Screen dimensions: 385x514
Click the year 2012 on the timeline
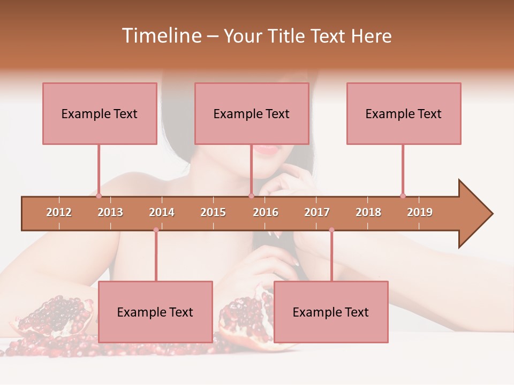(x=59, y=212)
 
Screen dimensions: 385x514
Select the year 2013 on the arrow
(x=110, y=212)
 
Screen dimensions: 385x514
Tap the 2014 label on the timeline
(x=162, y=212)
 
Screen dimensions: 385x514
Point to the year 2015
(x=213, y=212)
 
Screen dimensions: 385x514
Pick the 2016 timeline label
(x=266, y=212)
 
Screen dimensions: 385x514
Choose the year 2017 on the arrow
(x=317, y=212)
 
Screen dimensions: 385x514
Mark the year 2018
(x=368, y=212)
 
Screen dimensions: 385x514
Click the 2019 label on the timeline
(x=420, y=212)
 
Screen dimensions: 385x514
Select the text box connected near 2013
(x=100, y=113)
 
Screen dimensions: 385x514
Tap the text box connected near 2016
(x=252, y=113)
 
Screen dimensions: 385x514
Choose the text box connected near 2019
(x=404, y=113)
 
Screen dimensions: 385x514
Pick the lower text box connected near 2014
(x=155, y=312)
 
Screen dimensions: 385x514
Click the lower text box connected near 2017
(x=331, y=312)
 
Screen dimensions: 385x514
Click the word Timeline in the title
(x=160, y=36)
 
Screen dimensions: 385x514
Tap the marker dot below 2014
(x=156, y=230)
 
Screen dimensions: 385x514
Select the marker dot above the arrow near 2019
(x=403, y=196)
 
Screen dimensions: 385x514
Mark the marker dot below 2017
(x=331, y=230)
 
